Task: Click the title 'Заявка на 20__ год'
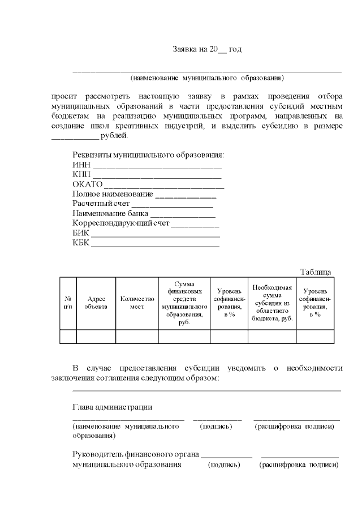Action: [207, 50]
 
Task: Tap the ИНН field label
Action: [81, 165]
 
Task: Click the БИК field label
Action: [81, 233]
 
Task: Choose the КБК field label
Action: [81, 243]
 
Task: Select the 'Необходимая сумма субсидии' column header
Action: [272, 303]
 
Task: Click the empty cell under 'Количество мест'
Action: [137, 336]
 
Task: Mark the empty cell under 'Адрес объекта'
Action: [96, 336]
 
